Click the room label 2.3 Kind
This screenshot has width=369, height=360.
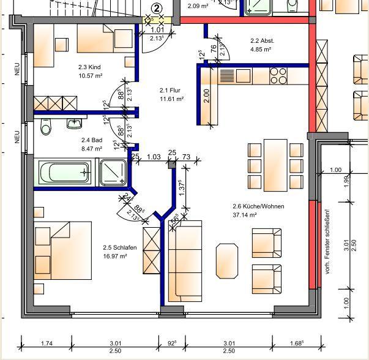tap(89, 67)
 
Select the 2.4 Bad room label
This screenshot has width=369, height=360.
tap(91, 140)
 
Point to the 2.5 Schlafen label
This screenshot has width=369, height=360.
tap(115, 248)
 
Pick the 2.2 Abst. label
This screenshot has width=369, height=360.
tap(262, 41)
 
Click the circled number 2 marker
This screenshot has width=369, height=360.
tap(157, 8)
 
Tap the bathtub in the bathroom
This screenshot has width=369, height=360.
tap(65, 172)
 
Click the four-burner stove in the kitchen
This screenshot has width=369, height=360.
tap(278, 75)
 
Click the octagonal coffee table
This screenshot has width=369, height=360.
tap(228, 261)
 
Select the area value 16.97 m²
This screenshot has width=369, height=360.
tap(115, 257)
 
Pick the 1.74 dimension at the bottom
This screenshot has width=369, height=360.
tap(47, 343)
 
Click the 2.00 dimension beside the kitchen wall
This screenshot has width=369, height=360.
tap(207, 96)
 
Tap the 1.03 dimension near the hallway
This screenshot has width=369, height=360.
tap(154, 157)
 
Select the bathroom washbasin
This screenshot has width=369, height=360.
tap(75, 124)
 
